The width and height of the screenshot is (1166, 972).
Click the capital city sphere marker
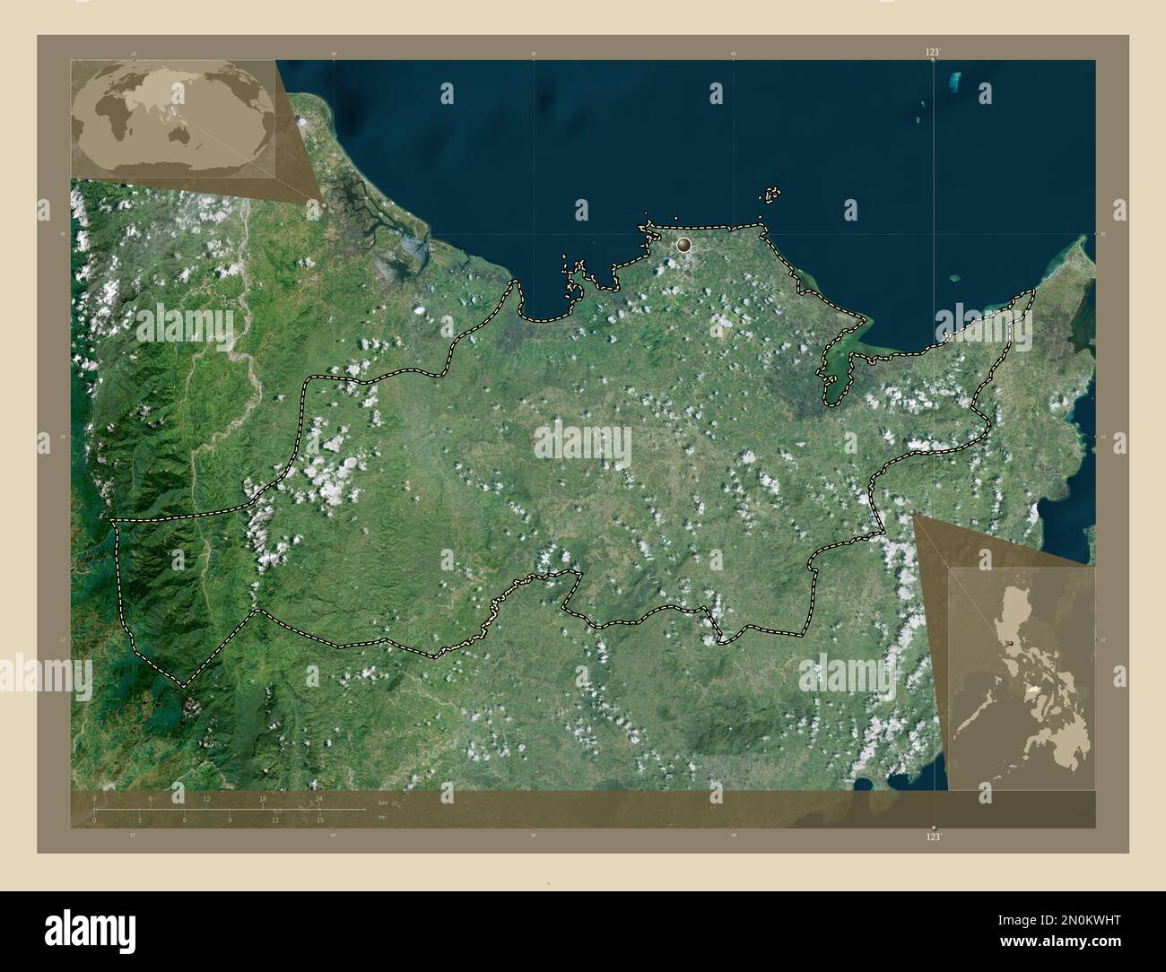[684, 243]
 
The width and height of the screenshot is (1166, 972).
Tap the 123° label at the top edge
[934, 53]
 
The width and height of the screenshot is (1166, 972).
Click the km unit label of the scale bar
[383, 802]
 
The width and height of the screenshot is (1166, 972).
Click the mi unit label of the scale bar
[382, 817]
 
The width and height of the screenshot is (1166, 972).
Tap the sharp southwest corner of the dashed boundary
[186, 686]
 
